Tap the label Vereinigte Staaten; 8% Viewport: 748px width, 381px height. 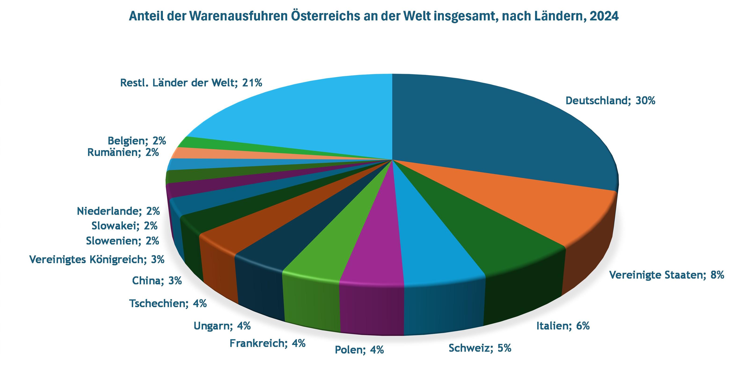666,275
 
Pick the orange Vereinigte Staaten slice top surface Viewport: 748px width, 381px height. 537,209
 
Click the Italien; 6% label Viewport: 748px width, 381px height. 563,326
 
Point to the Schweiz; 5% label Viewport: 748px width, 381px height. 480,348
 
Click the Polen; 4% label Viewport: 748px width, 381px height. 359,350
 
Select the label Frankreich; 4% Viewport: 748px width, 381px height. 267,344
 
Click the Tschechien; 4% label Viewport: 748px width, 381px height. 168,303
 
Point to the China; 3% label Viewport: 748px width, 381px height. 157,281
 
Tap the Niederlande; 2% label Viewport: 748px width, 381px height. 118,211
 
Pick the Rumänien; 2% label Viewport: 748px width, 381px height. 123,152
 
